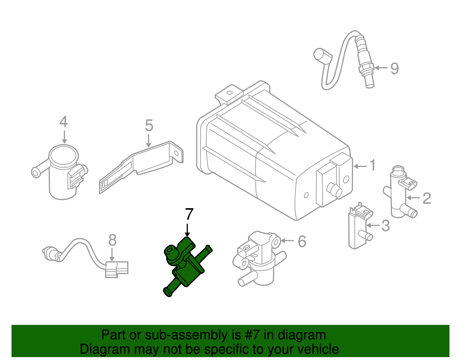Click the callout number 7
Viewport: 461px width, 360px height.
tap(189, 215)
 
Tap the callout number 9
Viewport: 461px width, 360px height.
tap(394, 69)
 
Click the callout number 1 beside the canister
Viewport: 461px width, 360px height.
tap(373, 165)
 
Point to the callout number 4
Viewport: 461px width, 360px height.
tap(64, 122)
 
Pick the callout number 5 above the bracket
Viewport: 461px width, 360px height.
tap(149, 126)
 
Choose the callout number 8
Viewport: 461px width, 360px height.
tap(112, 240)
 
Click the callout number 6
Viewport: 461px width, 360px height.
tap(302, 241)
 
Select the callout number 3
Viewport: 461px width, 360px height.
tap(386, 226)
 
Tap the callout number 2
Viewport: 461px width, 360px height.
tap(427, 198)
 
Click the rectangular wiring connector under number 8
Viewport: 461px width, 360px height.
tap(116, 269)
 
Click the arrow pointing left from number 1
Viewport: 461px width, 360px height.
tap(360, 166)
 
